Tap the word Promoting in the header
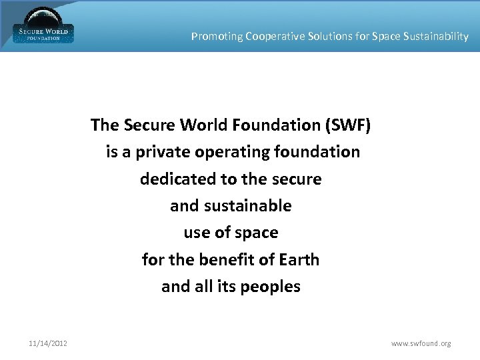click(217, 37)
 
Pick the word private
click(163, 152)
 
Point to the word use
click(196, 233)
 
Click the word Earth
click(297, 259)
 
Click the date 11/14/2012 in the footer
click(47, 344)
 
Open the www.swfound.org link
click(421, 344)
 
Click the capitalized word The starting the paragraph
click(105, 125)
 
